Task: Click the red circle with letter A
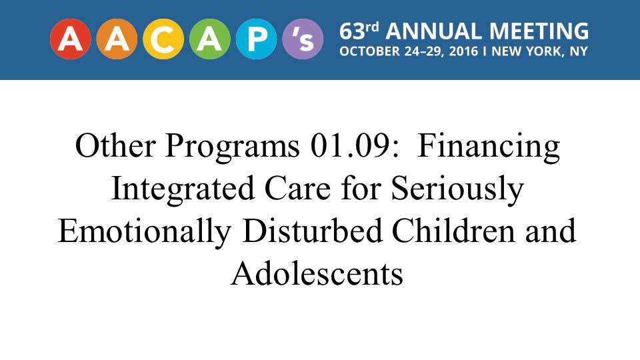[x=70, y=39]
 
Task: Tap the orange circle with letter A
[x=117, y=39]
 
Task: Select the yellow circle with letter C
[x=163, y=39]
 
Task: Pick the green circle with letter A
[x=210, y=39]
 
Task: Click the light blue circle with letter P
[x=256, y=39]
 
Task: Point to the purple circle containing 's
[x=303, y=39]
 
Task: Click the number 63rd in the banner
[x=359, y=31]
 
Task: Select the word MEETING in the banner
[x=539, y=31]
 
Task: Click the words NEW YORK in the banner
[x=525, y=51]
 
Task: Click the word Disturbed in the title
[x=312, y=231]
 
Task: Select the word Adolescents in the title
[x=317, y=273]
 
